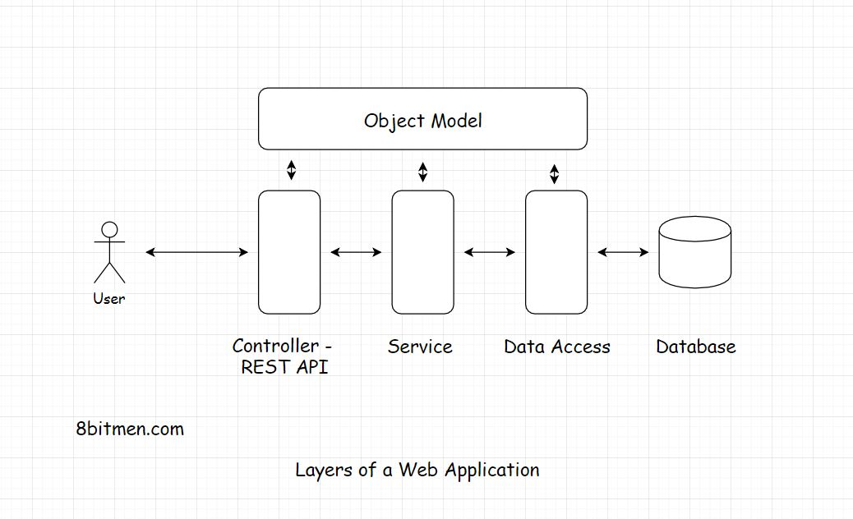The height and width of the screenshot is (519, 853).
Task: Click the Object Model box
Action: [422, 119]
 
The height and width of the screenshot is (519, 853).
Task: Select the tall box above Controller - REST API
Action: [289, 252]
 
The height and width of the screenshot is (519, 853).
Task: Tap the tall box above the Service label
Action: [422, 252]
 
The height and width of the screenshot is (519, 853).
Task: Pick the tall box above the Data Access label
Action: [556, 252]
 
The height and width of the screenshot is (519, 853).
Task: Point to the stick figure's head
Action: [109, 229]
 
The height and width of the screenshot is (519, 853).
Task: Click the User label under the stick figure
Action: [109, 299]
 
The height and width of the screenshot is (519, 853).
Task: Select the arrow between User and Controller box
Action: [196, 252]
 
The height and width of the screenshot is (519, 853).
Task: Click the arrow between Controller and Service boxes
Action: [356, 252]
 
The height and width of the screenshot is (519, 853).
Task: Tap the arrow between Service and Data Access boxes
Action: [489, 252]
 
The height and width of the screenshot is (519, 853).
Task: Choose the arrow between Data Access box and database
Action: [623, 252]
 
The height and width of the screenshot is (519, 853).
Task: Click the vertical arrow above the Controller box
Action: [290, 171]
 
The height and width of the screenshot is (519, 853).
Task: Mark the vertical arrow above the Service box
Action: [422, 171]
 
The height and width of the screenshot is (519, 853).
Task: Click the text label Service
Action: [420, 347]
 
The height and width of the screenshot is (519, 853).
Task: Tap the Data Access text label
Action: [557, 347]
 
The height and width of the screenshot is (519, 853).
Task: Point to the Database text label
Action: [695, 347]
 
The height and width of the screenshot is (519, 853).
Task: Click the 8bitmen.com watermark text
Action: [130, 429]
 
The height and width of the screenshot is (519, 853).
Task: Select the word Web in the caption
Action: [419, 470]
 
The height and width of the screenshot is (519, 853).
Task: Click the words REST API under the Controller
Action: [284, 367]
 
